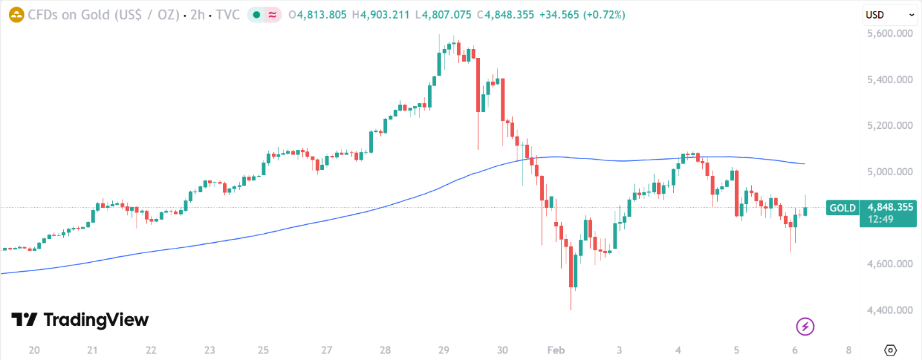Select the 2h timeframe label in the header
tap(198, 15)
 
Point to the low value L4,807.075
tap(444, 15)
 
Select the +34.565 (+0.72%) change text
tap(582, 15)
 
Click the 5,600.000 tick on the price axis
tap(890, 33)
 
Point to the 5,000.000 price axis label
tap(890, 172)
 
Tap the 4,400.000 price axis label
tap(890, 310)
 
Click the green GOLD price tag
tap(842, 208)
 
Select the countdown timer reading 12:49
tap(881, 219)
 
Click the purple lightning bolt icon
tap(805, 327)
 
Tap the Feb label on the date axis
tap(555, 350)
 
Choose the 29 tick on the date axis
tap(443, 350)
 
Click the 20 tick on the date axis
tap(35, 350)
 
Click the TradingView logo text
tap(80, 320)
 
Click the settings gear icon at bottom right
tap(890, 350)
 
